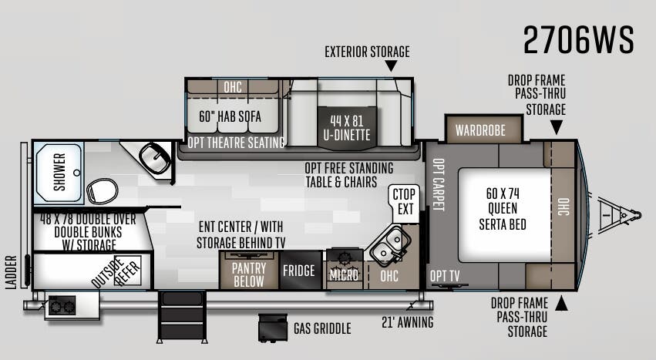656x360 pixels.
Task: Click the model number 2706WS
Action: click(579, 40)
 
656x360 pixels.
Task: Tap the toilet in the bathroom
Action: click(103, 191)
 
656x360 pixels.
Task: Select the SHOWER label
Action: click(59, 172)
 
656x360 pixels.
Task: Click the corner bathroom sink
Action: click(154, 158)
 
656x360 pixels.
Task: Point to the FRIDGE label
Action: click(299, 271)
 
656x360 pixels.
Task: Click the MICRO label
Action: click(344, 275)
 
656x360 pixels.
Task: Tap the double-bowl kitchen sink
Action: click(388, 246)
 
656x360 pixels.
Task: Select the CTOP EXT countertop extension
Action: click(404, 202)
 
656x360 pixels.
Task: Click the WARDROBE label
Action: click(480, 130)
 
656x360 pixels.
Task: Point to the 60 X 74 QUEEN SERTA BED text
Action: click(503, 209)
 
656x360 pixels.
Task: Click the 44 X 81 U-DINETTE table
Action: click(347, 128)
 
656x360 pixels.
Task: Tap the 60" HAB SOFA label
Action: click(230, 116)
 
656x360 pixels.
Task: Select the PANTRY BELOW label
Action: click(248, 274)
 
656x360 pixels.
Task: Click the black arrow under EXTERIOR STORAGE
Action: click(391, 66)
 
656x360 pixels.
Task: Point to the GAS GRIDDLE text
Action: click(322, 328)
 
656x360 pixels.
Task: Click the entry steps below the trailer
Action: click(182, 317)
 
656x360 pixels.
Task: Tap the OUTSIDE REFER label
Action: click(116, 273)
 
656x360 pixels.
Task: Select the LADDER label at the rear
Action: click(12, 272)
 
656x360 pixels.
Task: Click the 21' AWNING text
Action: click(408, 322)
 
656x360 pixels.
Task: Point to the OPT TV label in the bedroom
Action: click(445, 276)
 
